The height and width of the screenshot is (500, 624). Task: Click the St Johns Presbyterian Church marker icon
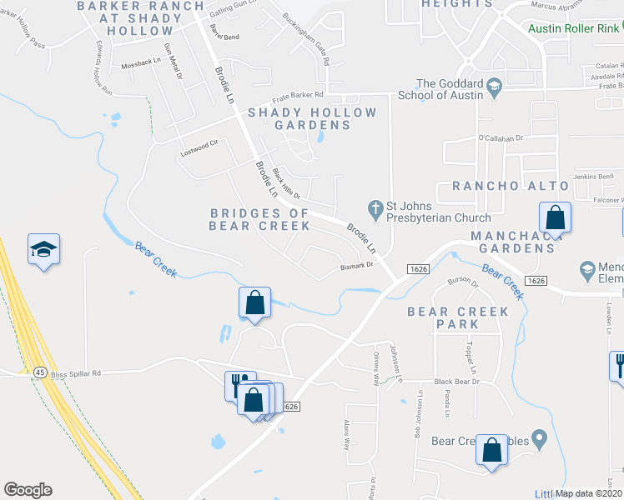375,206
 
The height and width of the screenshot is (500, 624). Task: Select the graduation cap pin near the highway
44,250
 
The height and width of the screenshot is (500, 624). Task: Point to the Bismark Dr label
356,267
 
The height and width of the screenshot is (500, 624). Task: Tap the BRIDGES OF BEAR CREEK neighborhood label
259,219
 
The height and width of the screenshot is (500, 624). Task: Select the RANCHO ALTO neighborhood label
511,186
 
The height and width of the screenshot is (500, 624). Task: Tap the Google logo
28,490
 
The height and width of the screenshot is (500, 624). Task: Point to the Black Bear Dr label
455,382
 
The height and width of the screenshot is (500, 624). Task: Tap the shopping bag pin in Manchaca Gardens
555,218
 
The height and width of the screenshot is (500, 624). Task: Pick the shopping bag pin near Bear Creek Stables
492,450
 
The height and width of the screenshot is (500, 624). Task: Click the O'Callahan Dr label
500,137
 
